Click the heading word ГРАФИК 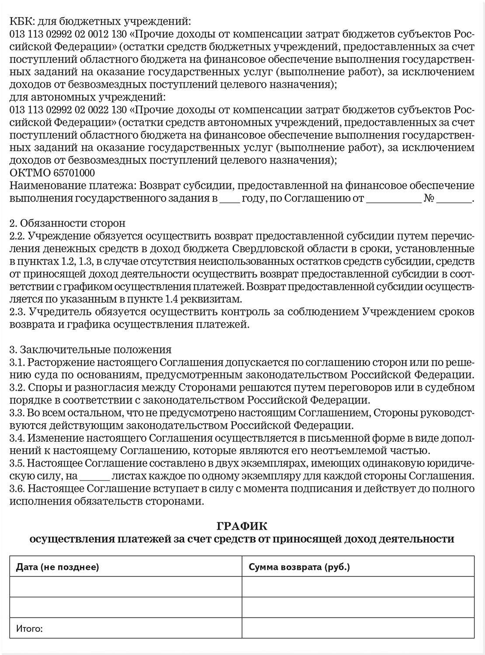(x=242, y=525)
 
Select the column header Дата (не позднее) (x=58, y=567)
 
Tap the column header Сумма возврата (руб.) (x=299, y=567)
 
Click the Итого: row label (x=29, y=629)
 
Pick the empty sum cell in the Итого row (x=358, y=629)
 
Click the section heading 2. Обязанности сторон (x=67, y=223)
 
